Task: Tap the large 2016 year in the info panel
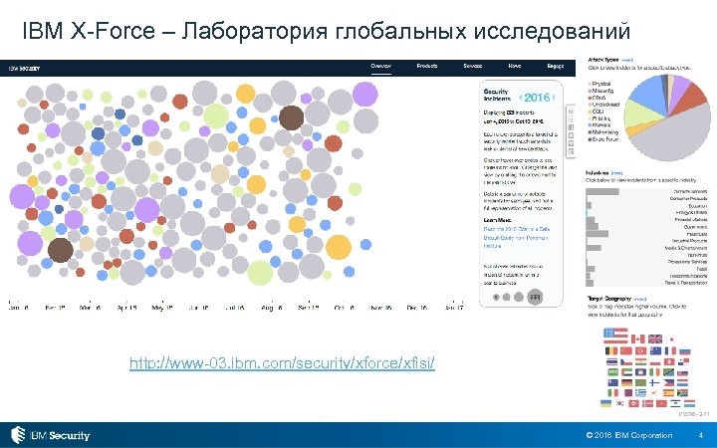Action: click(x=536, y=98)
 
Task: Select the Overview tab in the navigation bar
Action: click(x=381, y=66)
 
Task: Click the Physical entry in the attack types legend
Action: click(x=602, y=84)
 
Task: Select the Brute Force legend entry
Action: click(x=605, y=139)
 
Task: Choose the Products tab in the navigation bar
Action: click(x=427, y=66)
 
